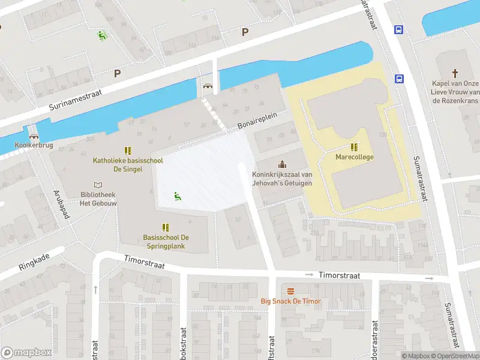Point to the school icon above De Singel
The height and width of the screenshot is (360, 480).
click(x=127, y=150)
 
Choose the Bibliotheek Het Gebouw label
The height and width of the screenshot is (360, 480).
click(x=97, y=199)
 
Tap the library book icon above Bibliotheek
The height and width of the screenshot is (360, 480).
click(x=97, y=185)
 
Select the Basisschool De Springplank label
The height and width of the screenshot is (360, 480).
click(x=164, y=242)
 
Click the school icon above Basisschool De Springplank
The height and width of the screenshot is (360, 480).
click(x=164, y=227)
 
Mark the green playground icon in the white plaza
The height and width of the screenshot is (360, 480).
click(x=178, y=195)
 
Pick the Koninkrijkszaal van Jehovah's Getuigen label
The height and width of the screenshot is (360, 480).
click(x=282, y=178)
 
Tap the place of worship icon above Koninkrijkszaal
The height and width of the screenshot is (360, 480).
click(x=282, y=164)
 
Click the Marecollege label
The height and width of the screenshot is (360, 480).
click(x=355, y=157)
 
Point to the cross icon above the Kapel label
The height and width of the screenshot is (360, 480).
click(x=455, y=73)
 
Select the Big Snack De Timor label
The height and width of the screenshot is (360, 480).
click(x=290, y=301)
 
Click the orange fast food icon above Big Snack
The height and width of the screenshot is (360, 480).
click(x=290, y=289)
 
